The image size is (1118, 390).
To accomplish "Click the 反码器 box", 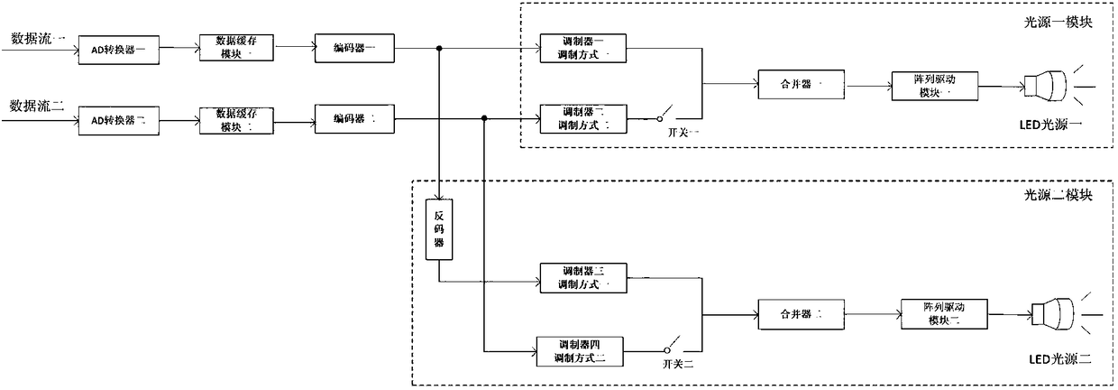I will pyautogui.click(x=438, y=230).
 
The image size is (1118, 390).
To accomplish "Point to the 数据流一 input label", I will pyautogui.click(x=35, y=39).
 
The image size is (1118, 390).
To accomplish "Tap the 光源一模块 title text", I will pyautogui.click(x=1061, y=23).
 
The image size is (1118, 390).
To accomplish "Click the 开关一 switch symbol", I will pyautogui.click(x=666, y=117).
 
